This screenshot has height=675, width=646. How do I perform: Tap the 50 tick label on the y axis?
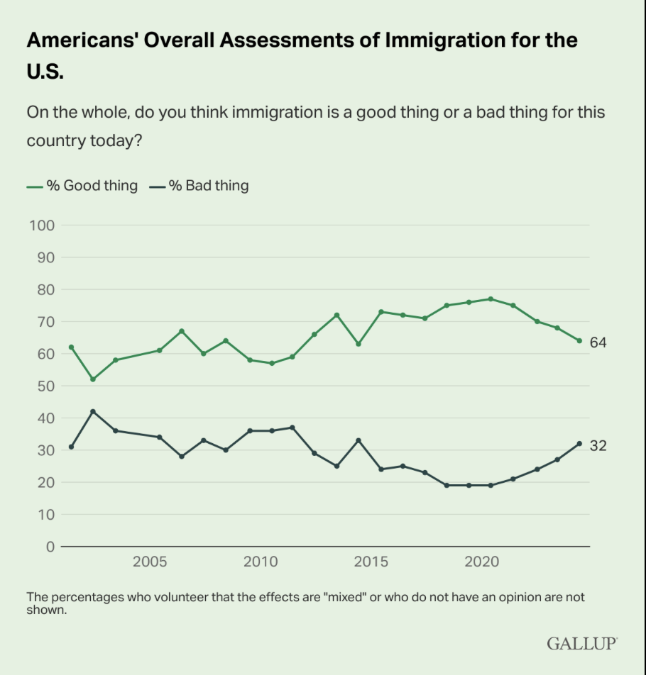tap(44, 386)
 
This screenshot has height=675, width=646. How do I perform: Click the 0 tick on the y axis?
tap(49, 547)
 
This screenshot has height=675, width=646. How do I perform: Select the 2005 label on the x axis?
tap(150, 562)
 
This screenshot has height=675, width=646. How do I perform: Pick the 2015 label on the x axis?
tap(371, 562)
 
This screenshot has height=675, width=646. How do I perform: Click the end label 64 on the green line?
tap(598, 342)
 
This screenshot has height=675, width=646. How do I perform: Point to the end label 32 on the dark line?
tap(598, 445)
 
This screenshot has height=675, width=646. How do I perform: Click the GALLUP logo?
tap(582, 643)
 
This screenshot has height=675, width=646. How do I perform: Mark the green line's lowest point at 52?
tap(93, 379)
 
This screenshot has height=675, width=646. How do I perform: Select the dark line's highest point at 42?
tap(93, 411)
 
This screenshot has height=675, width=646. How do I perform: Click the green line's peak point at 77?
tap(491, 299)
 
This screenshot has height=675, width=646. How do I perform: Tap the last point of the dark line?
tap(579, 444)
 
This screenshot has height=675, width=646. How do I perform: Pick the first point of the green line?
tap(71, 347)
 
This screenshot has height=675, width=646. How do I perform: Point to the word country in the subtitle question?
tap(55, 140)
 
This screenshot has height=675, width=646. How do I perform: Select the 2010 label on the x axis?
tap(261, 562)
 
